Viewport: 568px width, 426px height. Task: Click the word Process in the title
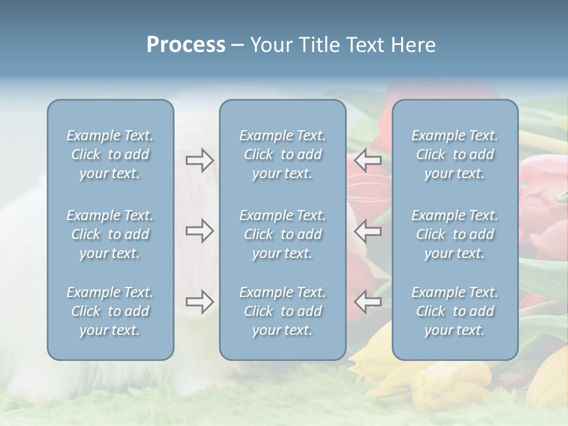pyautogui.click(x=186, y=45)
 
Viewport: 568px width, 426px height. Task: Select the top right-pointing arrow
pyautogui.click(x=199, y=160)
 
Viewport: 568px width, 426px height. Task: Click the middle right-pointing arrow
pyautogui.click(x=199, y=231)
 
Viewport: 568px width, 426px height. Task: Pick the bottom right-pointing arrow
pyautogui.click(x=199, y=302)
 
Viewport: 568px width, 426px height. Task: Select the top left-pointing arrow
pyautogui.click(x=367, y=160)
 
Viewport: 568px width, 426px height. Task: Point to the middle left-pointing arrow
pyautogui.click(x=367, y=231)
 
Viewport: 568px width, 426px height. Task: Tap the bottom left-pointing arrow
pyautogui.click(x=367, y=302)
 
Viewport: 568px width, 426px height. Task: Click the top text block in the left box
pyautogui.click(x=110, y=154)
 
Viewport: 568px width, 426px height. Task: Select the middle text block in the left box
pyautogui.click(x=110, y=234)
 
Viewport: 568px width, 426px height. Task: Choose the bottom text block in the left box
pyautogui.click(x=110, y=311)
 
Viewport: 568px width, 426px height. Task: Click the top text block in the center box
pyautogui.click(x=282, y=154)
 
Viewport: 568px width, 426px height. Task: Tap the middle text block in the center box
pyautogui.click(x=282, y=234)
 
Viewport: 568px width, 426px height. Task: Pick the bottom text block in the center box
pyautogui.click(x=282, y=311)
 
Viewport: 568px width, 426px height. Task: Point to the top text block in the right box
pyautogui.click(x=454, y=154)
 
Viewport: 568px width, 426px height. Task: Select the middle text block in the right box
pyautogui.click(x=454, y=234)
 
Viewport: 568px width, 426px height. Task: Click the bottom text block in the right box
pyautogui.click(x=454, y=311)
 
